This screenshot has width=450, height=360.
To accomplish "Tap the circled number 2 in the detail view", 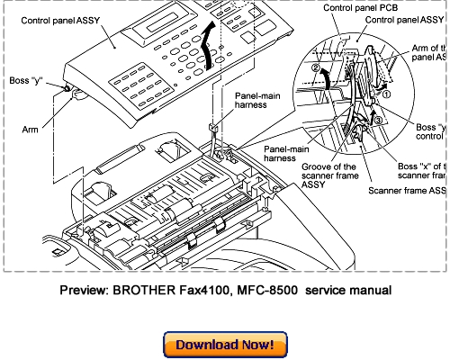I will click(x=314, y=67).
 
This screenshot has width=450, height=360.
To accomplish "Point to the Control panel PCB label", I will click(x=325, y=8).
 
